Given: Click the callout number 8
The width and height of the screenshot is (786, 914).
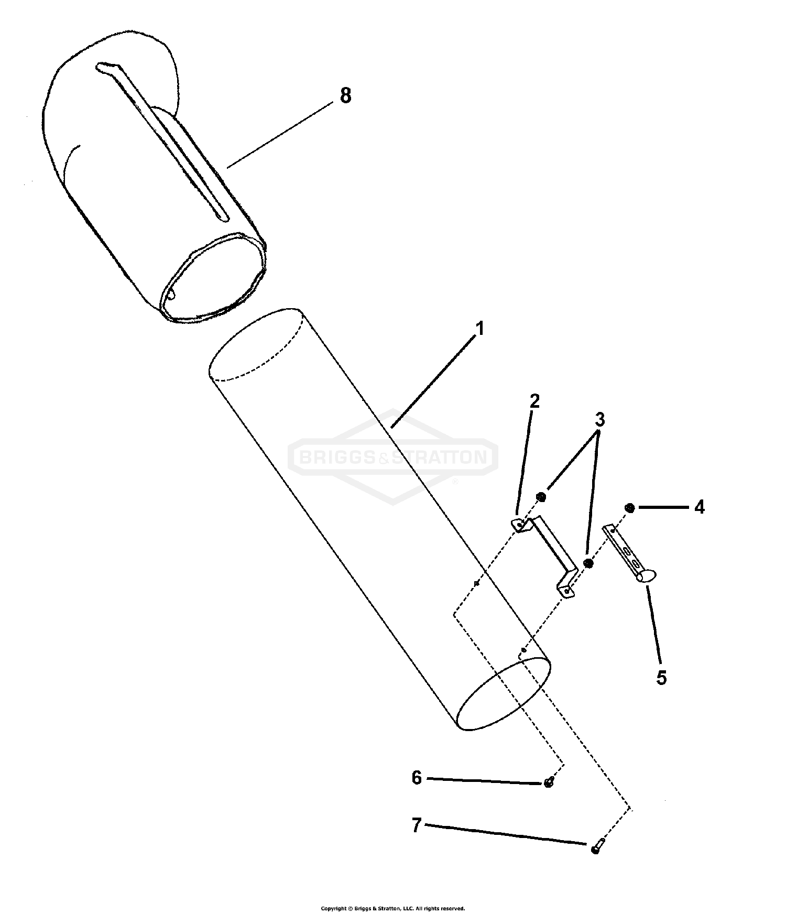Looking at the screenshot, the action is [345, 96].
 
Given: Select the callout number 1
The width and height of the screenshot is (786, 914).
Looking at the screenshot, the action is [479, 329].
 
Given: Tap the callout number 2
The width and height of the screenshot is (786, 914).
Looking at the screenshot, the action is [534, 401].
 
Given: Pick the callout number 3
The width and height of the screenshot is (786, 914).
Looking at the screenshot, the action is [599, 419].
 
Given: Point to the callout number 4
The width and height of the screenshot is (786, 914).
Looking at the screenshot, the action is [699, 507].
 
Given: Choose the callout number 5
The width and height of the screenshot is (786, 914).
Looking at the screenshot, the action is [661, 677].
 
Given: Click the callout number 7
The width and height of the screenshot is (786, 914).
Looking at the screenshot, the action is [417, 826].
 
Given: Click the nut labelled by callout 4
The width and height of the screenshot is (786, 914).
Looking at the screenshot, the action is [630, 508].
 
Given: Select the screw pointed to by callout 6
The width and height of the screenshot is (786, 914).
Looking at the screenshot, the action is [549, 783].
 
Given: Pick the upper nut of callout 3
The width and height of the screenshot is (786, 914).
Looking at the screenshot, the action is [541, 496].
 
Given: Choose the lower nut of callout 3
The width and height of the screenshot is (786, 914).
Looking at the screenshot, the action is [588, 563].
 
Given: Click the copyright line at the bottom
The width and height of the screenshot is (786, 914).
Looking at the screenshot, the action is [392, 908].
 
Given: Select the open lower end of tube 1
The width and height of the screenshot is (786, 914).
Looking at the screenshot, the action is [504, 694].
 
